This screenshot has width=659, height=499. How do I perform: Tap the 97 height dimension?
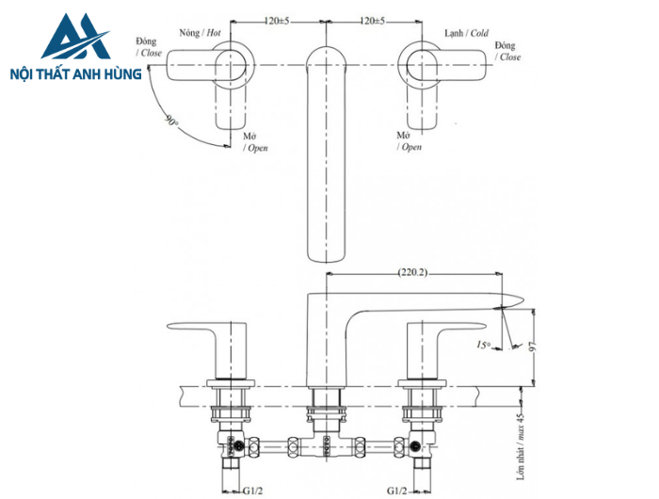tap(535, 346)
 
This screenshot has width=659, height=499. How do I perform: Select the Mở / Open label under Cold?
tap(409, 142)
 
